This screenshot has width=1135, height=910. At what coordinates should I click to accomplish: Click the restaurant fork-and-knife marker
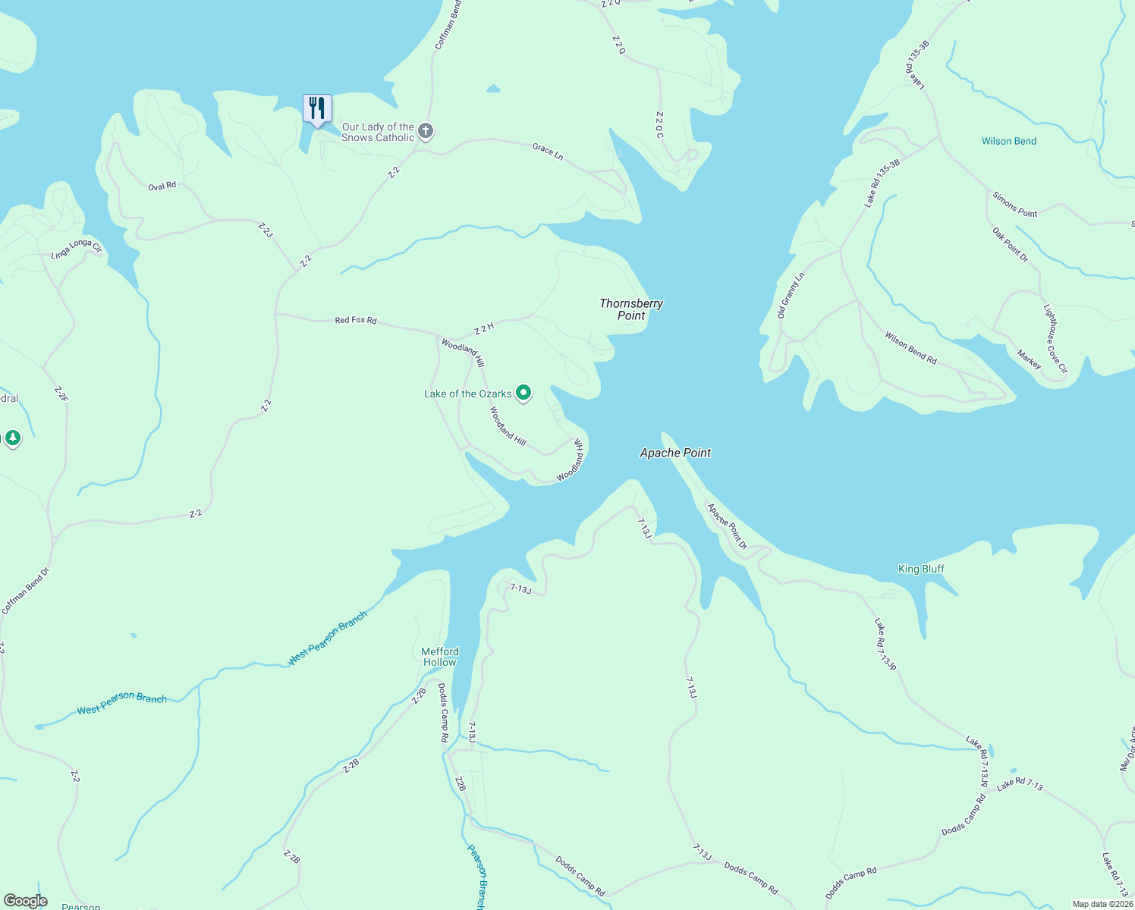point(317,108)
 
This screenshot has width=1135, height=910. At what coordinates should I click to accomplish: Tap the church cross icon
point(426,132)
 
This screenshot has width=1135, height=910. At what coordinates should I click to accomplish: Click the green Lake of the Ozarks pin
point(523,393)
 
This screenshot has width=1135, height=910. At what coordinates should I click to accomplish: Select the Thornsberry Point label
point(631,309)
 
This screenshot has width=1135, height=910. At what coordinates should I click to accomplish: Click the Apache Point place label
point(675,453)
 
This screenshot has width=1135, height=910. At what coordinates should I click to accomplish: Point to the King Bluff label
point(921,569)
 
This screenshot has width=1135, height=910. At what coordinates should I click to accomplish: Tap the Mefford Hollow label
point(440,657)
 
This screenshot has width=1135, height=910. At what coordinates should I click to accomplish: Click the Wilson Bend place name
point(1008,141)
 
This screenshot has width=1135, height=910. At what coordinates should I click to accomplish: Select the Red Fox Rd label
point(356,320)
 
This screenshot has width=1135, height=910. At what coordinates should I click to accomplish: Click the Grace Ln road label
point(548,151)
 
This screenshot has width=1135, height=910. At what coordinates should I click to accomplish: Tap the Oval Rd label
point(162,186)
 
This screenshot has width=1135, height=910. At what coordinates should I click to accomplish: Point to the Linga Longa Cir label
point(76,249)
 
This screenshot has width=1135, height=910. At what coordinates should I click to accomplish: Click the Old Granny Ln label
point(791,296)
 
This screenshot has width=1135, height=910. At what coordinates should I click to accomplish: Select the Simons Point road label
point(1014,205)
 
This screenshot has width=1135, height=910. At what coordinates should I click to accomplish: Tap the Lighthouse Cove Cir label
point(1055,339)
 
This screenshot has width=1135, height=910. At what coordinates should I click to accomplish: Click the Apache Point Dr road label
point(727,526)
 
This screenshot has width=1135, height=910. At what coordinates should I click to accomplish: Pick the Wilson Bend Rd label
point(910,347)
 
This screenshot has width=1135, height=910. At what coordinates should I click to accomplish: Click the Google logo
point(26,901)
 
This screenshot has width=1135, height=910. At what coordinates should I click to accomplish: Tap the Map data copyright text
point(1102,904)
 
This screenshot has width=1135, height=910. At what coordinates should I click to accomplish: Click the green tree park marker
point(13,438)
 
